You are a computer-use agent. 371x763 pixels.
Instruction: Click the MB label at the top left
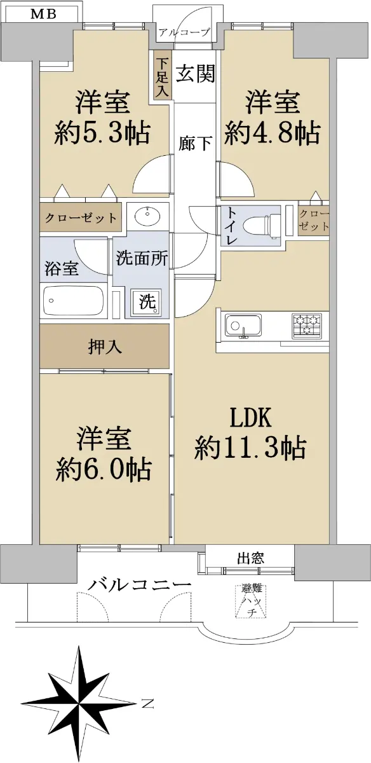click(43, 14)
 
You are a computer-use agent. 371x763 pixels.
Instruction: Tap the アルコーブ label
click(184, 32)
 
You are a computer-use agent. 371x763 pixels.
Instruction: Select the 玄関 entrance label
click(196, 73)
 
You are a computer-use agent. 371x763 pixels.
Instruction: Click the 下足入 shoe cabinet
click(163, 75)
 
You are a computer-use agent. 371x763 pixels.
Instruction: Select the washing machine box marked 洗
click(147, 301)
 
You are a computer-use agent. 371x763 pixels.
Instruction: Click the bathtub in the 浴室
click(73, 301)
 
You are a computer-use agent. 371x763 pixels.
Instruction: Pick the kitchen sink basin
click(243, 326)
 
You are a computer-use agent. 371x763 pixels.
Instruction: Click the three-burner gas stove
click(307, 326)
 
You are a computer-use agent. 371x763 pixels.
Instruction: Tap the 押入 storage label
click(105, 347)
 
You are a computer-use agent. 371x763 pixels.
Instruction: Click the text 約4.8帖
click(273, 132)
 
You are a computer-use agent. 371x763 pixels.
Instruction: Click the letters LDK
click(251, 418)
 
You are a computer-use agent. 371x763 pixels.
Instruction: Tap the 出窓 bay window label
click(250, 559)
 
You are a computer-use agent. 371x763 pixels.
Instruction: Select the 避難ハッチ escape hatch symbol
click(251, 600)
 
